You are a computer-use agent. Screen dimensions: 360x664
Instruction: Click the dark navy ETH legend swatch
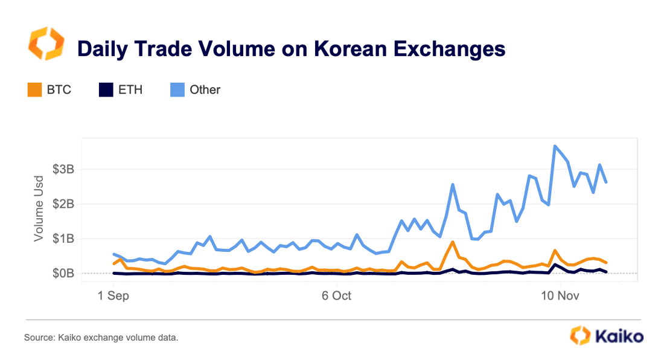(106, 90)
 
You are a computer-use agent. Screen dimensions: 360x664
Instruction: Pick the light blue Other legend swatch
(176, 90)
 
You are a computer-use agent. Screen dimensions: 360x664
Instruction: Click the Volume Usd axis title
(39, 208)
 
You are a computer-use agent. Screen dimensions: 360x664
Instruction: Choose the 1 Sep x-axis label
(113, 296)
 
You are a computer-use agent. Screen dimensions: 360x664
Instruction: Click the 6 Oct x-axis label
(336, 296)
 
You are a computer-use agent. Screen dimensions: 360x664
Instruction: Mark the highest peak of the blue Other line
(555, 146)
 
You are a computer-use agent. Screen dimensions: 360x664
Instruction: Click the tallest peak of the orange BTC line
(453, 242)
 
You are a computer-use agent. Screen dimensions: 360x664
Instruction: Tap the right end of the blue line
(606, 182)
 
